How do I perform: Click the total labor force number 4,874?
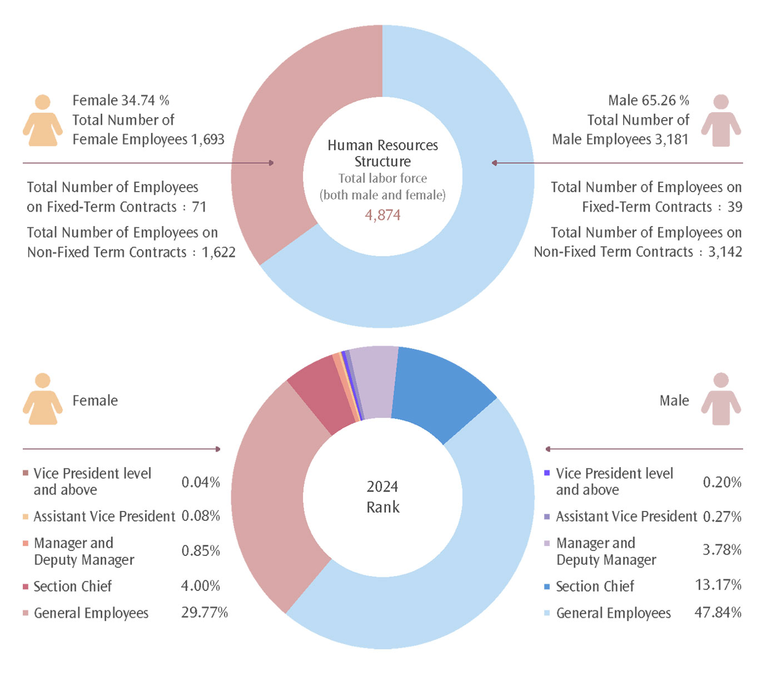tap(382, 215)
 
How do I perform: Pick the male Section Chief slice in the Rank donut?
tap(439, 389)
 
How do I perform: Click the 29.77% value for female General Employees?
tap(205, 613)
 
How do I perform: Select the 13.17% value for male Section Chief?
tap(718, 585)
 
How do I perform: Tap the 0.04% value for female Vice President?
tap(201, 482)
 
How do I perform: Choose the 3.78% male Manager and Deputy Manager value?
tap(722, 550)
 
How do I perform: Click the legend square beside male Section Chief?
tap(547, 586)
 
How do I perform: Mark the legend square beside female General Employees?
tap(26, 613)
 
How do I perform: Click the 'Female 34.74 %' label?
tap(121, 101)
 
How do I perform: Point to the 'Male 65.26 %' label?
tap(648, 101)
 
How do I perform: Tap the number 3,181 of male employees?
tap(671, 139)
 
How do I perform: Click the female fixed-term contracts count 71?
tap(199, 207)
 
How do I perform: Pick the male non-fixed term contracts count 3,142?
tap(725, 252)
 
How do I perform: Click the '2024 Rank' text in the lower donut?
tap(382, 497)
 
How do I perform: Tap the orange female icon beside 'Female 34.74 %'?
tap(42, 121)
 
